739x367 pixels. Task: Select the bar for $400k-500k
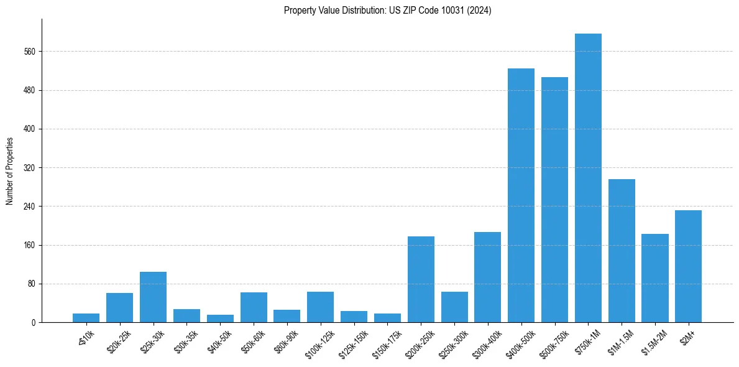(x=521, y=195)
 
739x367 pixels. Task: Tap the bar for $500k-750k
(x=554, y=200)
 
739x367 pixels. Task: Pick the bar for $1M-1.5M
(x=622, y=251)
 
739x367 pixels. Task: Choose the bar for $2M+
(x=688, y=266)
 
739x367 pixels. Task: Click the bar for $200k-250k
(x=421, y=279)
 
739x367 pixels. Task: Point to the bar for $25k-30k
(x=153, y=297)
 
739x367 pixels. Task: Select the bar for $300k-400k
(x=487, y=277)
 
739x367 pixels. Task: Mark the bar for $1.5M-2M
(x=654, y=278)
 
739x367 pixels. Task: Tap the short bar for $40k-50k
(x=220, y=318)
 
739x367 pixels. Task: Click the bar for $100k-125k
(x=320, y=307)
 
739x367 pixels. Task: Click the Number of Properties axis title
(x=9, y=171)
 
